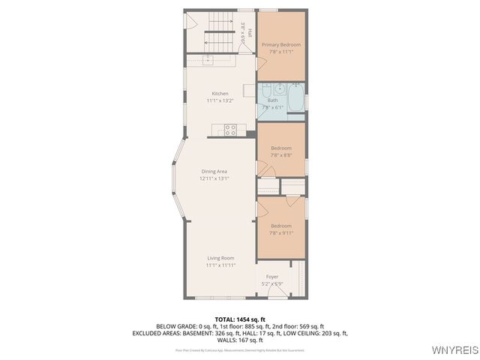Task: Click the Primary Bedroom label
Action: [x=281, y=45]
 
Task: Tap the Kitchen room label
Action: [x=220, y=94]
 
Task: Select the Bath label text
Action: [x=272, y=100]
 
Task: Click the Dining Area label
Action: [x=214, y=172]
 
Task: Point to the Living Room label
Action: [x=220, y=258]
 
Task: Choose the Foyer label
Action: [x=271, y=277]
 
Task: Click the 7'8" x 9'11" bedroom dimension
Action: [x=281, y=232]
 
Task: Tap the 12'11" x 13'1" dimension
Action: [x=214, y=178]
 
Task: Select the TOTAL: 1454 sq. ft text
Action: [x=240, y=319]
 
